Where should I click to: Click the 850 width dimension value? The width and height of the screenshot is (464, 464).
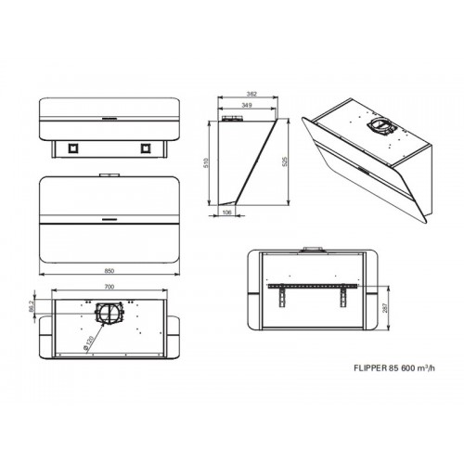110,271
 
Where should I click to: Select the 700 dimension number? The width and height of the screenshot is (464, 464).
110,287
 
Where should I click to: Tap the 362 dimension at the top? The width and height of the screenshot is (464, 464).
252,94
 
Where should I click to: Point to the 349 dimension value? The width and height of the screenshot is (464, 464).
246,105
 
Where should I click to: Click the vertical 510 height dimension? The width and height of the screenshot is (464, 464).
206,163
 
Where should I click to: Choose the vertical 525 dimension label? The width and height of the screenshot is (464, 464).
285,161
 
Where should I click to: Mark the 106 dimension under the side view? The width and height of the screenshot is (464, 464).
227,213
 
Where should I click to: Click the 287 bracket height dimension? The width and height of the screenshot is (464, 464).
384,308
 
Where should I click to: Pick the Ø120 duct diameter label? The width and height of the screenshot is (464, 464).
88,342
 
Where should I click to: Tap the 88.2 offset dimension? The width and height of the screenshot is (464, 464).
31,306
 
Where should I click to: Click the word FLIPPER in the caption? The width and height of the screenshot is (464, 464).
370,368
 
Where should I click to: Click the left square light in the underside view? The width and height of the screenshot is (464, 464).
73,148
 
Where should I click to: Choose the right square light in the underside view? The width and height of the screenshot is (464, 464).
146,148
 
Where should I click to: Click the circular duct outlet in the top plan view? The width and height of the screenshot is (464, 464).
110,313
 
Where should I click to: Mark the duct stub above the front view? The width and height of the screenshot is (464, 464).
110,175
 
